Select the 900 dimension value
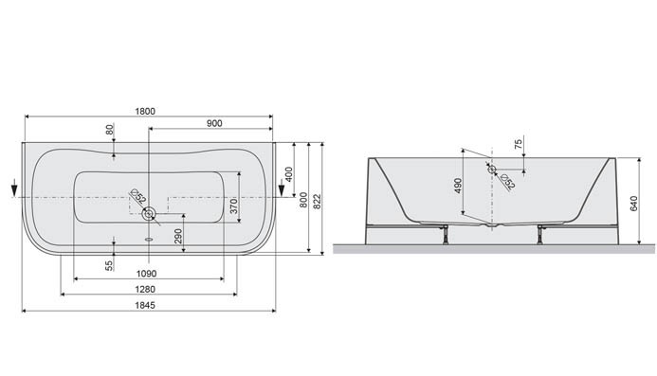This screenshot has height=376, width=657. pos(212,123)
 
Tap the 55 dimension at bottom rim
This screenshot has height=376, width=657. pos(111,266)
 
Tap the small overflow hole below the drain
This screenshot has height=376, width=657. pos(148,239)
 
